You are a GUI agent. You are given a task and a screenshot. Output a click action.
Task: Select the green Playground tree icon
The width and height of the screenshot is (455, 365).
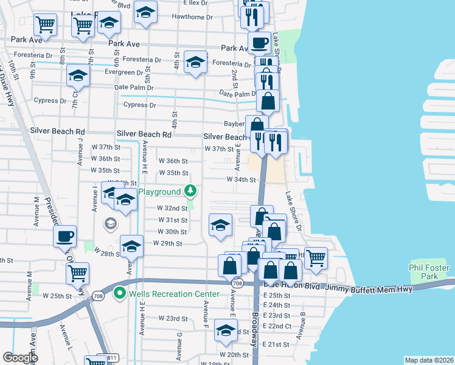pyautogui.click(x=191, y=191)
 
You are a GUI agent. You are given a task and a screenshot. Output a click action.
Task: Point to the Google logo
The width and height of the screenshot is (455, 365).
pyautogui.click(x=21, y=358)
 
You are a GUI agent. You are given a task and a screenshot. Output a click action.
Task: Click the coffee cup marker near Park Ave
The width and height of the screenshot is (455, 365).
pyautogui.click(x=259, y=43)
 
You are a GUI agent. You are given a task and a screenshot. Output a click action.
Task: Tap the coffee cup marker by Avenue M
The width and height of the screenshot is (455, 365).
pyautogui.click(x=64, y=236)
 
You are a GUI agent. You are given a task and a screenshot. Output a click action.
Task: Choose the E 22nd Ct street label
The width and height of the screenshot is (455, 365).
pyautogui.click(x=280, y=326)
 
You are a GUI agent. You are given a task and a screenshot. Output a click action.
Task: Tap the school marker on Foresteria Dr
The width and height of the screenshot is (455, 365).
pyautogui.click(x=195, y=63)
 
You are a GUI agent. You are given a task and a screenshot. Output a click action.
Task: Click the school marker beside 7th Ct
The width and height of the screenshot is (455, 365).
pyautogui.click(x=78, y=75)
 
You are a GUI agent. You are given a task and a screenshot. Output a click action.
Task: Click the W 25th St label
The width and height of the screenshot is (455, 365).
pyautogui.click(x=57, y=296)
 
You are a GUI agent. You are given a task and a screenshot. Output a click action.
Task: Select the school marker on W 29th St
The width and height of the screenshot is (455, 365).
pyautogui.click(x=131, y=246)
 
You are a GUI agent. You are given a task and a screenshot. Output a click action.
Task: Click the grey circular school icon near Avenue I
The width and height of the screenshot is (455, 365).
pyautogui.click(x=109, y=223)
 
